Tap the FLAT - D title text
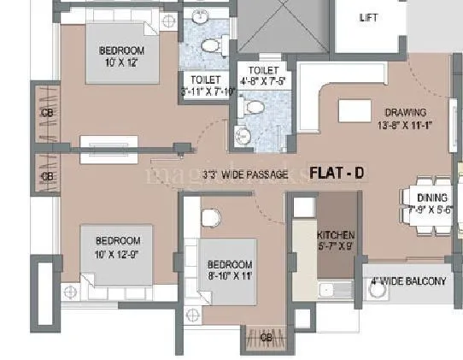[337, 173]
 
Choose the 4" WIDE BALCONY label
[408, 281]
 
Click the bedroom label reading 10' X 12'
[121, 56]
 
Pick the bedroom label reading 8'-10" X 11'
[229, 270]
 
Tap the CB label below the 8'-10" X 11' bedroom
[266, 337]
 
